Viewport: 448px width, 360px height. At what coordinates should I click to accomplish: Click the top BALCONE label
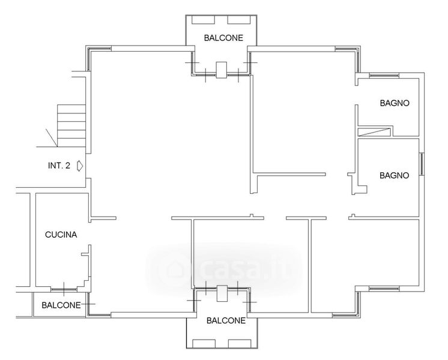(223, 38)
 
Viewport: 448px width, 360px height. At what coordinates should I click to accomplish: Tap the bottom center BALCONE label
(226, 321)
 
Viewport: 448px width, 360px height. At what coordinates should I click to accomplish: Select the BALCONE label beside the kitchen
(61, 305)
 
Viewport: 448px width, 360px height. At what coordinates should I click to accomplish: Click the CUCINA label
(61, 235)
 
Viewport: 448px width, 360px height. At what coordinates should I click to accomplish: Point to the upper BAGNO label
(395, 103)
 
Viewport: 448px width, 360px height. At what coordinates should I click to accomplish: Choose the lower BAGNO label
(395, 176)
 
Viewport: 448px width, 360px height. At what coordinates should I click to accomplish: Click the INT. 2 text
(59, 166)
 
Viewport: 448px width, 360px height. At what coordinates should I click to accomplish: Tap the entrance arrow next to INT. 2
(80, 166)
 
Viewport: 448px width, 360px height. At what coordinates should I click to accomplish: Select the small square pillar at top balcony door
(222, 70)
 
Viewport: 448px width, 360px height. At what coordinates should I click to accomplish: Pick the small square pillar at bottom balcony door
(222, 293)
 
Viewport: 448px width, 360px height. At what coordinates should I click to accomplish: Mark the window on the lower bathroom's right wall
(422, 164)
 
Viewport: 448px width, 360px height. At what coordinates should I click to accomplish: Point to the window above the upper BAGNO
(384, 76)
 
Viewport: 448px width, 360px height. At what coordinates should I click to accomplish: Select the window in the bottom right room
(384, 289)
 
